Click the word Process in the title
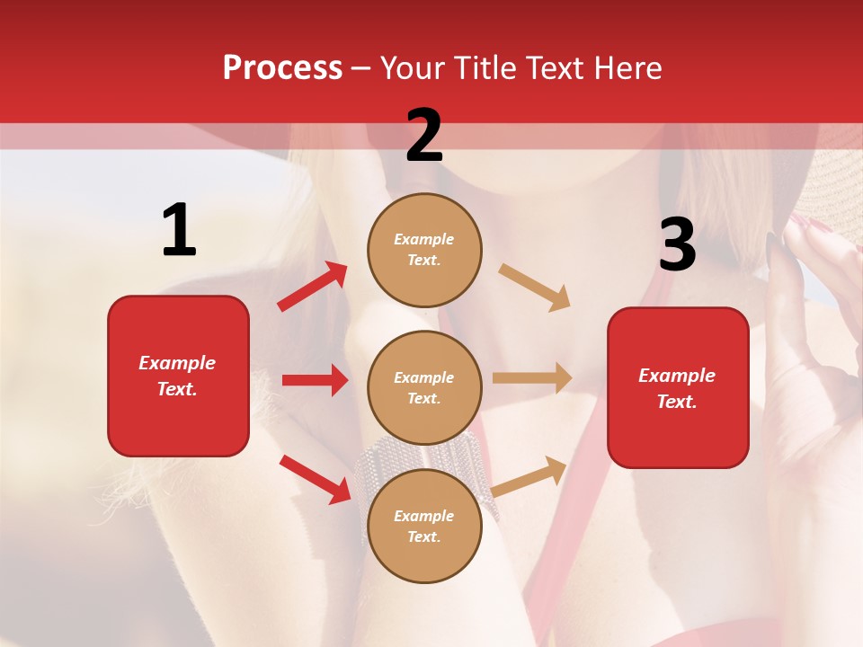coord(282,68)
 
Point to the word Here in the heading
coord(627,68)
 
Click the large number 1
coord(179,231)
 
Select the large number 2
coord(424,136)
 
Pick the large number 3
coord(677,244)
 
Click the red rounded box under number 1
coord(178,376)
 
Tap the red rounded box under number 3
coord(678,388)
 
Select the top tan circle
coord(424,250)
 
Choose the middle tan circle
coord(424,388)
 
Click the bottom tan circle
coord(424,526)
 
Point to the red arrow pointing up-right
coord(313,287)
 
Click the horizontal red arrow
coord(315,380)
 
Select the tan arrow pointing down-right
coord(535,287)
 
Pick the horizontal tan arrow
coord(532,378)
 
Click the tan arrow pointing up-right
coord(530,476)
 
